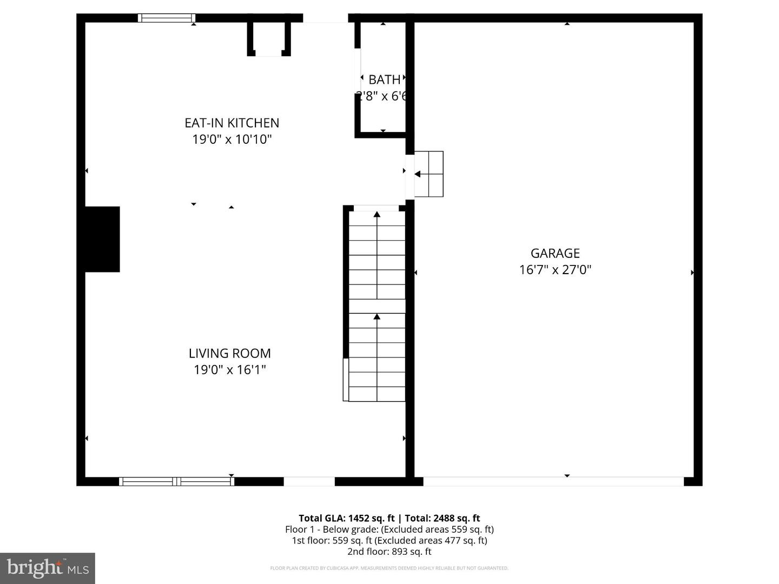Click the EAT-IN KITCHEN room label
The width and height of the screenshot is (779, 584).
[x=232, y=123]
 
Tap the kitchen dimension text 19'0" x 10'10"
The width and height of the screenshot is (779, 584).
[x=232, y=140]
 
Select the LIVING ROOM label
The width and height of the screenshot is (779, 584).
[x=229, y=353]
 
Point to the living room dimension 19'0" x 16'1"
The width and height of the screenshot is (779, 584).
[x=229, y=370]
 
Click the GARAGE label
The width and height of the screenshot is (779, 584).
[x=555, y=253]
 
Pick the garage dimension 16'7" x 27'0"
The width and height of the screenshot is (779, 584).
[x=555, y=270]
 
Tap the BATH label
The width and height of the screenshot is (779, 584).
[x=384, y=79]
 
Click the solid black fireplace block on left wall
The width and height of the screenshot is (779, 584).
[x=102, y=239]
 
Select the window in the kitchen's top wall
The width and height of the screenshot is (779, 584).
[x=167, y=18]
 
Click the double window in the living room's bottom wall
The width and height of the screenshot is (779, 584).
[x=176, y=481]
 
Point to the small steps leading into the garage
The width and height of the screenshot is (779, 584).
[x=429, y=174]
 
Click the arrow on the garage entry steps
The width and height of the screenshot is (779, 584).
[x=418, y=174]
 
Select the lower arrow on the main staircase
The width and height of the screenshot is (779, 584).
[x=377, y=317]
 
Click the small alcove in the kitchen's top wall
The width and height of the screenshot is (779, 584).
[x=269, y=39]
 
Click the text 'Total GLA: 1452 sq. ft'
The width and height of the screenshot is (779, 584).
[x=346, y=518]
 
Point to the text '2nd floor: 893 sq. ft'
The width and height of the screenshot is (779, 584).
[x=389, y=552]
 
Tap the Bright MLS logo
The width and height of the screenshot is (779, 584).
[x=48, y=568]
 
